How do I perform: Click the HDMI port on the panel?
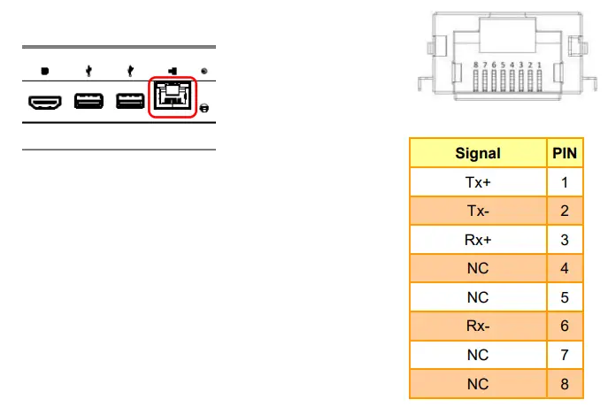pyautogui.click(x=43, y=104)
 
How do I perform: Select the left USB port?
pyautogui.click(x=89, y=104)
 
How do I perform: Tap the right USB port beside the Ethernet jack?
pyautogui.click(x=130, y=104)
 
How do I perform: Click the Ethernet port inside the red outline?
pyautogui.click(x=173, y=98)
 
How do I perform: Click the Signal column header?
pyautogui.click(x=478, y=153)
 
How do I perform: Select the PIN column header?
pyautogui.click(x=565, y=153)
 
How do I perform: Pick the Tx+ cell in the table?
pyautogui.click(x=478, y=182)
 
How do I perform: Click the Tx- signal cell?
pyautogui.click(x=478, y=211)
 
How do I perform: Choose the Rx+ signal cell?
pyautogui.click(x=478, y=239)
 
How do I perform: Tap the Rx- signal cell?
pyautogui.click(x=478, y=326)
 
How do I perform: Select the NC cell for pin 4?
pyautogui.click(x=478, y=268)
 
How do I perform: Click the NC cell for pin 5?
pyautogui.click(x=478, y=297)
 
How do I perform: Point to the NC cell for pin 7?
pyautogui.click(x=478, y=355)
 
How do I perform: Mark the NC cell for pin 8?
pyautogui.click(x=478, y=383)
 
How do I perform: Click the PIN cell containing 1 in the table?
pyautogui.click(x=565, y=182)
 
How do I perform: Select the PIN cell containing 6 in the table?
pyautogui.click(x=565, y=326)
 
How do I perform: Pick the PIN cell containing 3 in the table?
pyautogui.click(x=565, y=239)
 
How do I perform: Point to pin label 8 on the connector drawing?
pyautogui.click(x=476, y=65)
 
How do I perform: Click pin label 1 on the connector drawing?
pyautogui.click(x=538, y=65)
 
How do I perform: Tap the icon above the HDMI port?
pyautogui.click(x=43, y=71)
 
